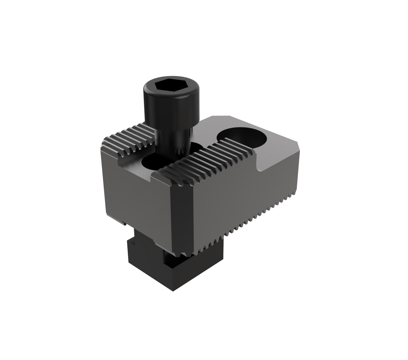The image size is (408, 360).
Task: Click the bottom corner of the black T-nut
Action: [x=172, y=289]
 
